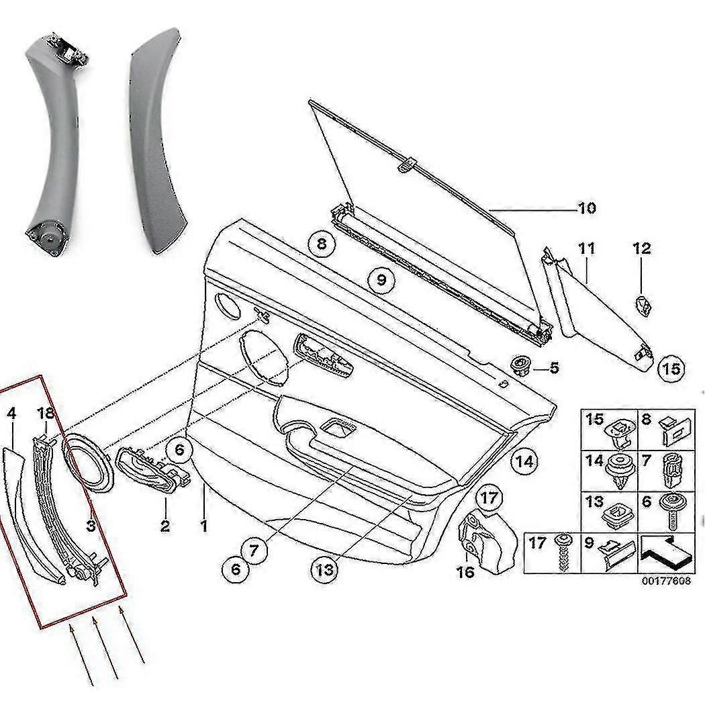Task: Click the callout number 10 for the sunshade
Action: tap(586, 208)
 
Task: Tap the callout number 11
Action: tap(586, 249)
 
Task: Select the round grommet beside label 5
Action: tap(520, 365)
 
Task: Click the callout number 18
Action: tap(45, 414)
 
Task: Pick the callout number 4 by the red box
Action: tap(11, 414)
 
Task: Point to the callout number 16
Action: tap(465, 571)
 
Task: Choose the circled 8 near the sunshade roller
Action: tap(322, 243)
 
